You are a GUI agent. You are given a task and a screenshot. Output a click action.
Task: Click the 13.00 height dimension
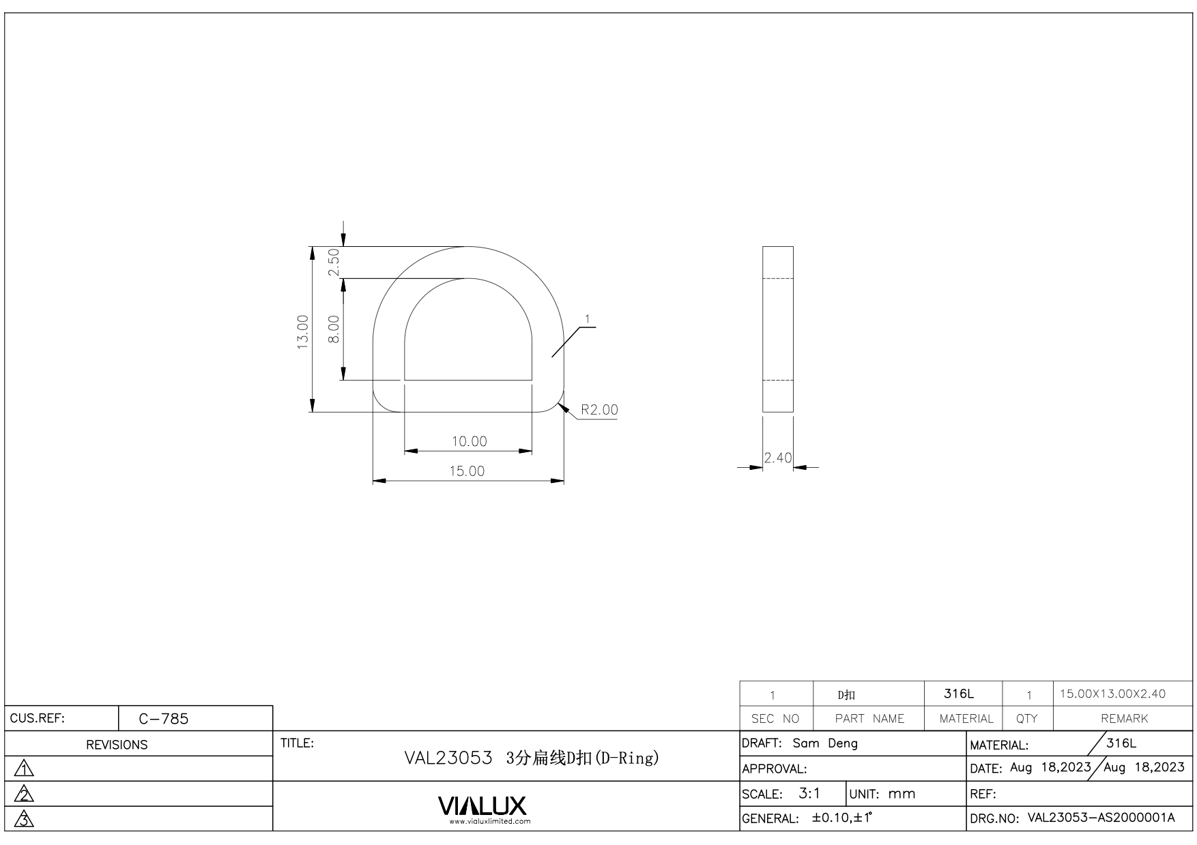pyautogui.click(x=303, y=331)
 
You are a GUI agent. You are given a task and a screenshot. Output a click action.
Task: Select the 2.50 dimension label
pyautogui.click(x=334, y=262)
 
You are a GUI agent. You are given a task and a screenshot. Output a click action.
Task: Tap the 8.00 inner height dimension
pyautogui.click(x=334, y=329)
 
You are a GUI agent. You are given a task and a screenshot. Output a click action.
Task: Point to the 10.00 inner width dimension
pyautogui.click(x=470, y=441)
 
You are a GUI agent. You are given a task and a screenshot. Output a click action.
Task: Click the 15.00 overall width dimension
pyautogui.click(x=467, y=471)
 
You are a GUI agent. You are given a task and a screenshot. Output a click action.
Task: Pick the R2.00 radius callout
pyautogui.click(x=599, y=409)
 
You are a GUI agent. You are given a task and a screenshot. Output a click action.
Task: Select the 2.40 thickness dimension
pyautogui.click(x=778, y=458)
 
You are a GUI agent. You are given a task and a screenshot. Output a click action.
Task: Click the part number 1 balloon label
pyautogui.click(x=588, y=318)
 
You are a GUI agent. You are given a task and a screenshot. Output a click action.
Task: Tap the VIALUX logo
pyautogui.click(x=482, y=806)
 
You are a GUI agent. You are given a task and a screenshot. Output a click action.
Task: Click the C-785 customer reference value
pyautogui.click(x=164, y=719)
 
